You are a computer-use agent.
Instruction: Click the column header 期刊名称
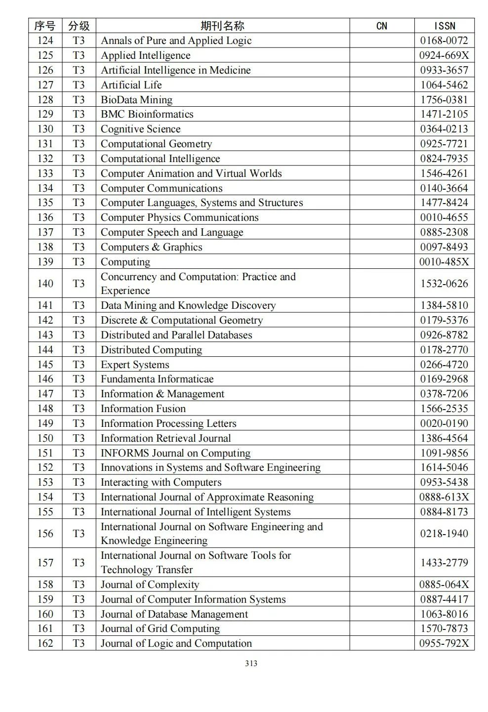pos(222,26)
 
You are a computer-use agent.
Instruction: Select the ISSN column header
pos(444,26)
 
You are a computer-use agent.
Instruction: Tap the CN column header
pos(382,26)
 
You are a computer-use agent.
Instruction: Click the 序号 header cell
pos(45,26)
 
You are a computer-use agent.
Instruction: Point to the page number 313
pos(251,663)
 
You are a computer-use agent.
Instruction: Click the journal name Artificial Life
pos(131,84)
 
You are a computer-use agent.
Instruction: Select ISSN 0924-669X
pos(444,55)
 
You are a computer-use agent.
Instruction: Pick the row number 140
pos(45,283)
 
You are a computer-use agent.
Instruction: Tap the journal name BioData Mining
pos(136,99)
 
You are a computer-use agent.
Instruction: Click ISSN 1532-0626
pos(444,283)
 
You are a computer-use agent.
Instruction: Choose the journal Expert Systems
pos(135,364)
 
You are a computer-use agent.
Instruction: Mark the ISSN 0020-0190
pos(444,423)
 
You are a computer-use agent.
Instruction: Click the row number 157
pos(45,562)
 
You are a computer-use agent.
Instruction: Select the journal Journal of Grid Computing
pos(160,628)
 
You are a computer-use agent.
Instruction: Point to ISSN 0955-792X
pos(444,643)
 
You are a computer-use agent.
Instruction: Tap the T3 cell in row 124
pos(79,41)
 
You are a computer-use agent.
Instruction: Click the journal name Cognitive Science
pos(140,129)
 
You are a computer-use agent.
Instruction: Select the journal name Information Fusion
pos(143,408)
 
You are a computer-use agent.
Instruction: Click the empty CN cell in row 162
pos(382,643)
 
